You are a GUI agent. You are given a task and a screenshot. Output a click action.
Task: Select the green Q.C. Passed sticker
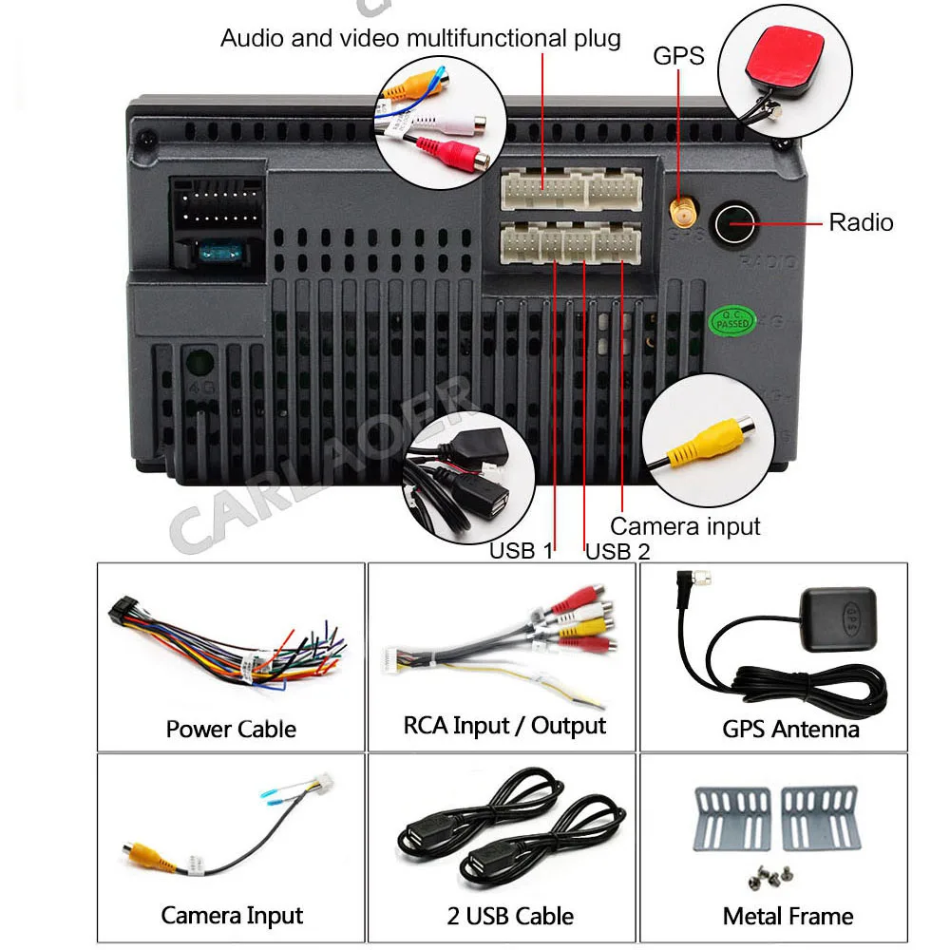click(732, 320)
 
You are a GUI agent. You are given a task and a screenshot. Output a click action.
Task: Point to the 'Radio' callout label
click(861, 222)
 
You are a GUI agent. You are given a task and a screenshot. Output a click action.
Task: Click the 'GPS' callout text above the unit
click(678, 56)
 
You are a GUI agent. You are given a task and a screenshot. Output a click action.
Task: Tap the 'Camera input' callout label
click(685, 525)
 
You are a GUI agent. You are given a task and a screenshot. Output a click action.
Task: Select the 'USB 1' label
click(521, 551)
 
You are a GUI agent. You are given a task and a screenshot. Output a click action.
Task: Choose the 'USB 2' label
click(617, 551)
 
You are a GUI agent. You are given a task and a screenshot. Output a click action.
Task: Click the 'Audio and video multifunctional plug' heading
click(420, 38)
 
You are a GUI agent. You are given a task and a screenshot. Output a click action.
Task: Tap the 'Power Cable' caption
click(231, 729)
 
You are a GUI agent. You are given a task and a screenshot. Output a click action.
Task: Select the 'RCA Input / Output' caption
click(504, 726)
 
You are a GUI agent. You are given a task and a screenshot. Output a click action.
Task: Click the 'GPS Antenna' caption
click(790, 729)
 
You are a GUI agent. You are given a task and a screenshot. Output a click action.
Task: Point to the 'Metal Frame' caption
click(788, 916)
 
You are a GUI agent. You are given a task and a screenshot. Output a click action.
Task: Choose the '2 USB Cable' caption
click(510, 916)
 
